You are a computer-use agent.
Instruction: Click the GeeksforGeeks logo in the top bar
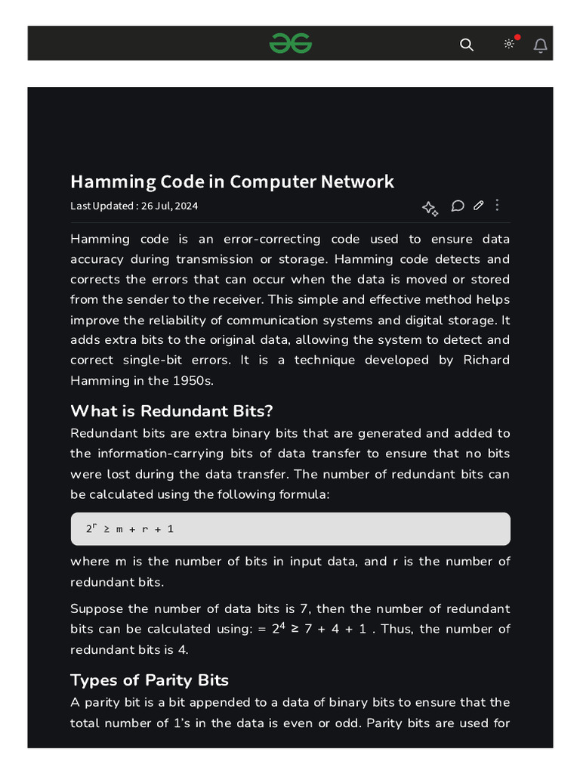[x=291, y=44]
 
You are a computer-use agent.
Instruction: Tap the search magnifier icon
[x=467, y=45]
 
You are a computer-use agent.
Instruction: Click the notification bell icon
[x=541, y=45]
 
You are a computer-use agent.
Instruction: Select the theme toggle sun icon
[x=509, y=44]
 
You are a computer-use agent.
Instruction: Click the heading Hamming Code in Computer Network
[x=232, y=181]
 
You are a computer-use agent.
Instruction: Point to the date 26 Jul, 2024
[x=170, y=206]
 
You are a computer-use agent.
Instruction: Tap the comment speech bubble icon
[x=458, y=206]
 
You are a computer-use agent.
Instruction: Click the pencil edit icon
[x=478, y=206]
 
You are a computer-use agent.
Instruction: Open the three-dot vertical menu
[x=497, y=205]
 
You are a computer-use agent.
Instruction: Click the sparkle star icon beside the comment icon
[x=430, y=209]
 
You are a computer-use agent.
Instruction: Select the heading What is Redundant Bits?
[x=171, y=411]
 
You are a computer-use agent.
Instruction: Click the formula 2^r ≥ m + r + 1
[x=130, y=528]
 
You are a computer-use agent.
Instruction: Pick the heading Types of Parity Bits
[x=150, y=680]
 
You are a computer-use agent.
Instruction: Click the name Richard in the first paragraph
[x=486, y=360]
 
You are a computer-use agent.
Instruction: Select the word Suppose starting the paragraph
[x=96, y=608]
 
